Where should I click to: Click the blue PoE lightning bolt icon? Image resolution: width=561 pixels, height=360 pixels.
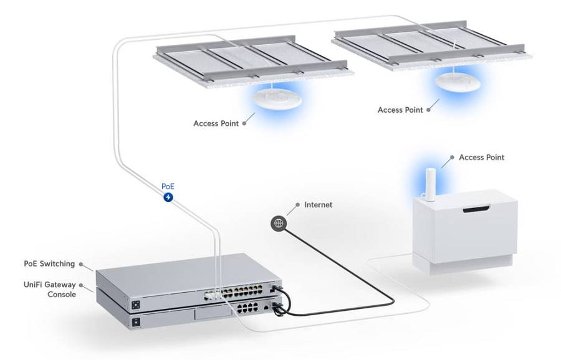(168, 197)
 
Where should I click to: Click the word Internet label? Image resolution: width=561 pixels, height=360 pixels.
(318, 204)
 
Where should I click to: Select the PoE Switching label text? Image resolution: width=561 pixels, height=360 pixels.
(49, 263)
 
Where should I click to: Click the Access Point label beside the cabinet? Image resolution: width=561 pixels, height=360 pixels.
(481, 158)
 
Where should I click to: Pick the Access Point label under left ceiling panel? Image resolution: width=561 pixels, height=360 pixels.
(216, 123)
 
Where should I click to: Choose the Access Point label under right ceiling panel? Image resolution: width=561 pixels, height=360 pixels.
(400, 110)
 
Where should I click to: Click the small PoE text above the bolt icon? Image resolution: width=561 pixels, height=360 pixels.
(168, 186)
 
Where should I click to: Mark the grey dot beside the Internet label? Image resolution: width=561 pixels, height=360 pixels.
(298, 204)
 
